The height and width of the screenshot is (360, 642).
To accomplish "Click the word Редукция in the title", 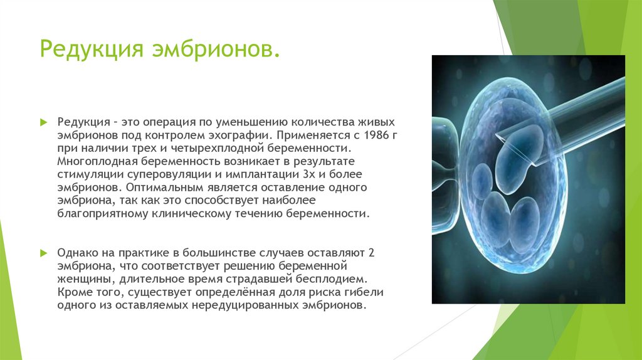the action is click(x=92, y=50).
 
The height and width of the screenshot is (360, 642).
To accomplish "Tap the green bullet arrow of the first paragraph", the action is click(x=44, y=122).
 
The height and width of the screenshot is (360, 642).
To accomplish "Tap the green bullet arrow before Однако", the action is click(x=44, y=253).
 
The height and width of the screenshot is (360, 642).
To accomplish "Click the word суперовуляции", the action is click(x=169, y=174).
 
